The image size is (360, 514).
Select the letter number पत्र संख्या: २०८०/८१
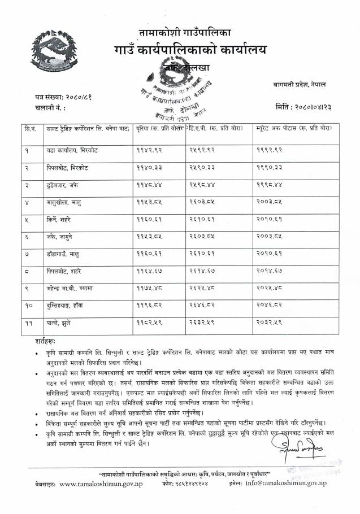(x=63, y=97)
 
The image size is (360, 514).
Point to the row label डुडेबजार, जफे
(x=63, y=185)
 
